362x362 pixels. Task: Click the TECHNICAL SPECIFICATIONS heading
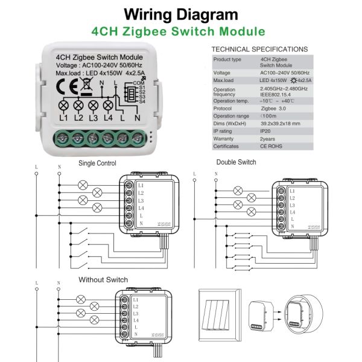(x=260, y=49)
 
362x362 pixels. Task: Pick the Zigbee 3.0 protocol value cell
(x=273, y=108)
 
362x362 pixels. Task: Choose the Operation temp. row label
(x=230, y=101)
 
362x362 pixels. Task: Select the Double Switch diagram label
(x=237, y=162)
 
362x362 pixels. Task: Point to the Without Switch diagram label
(x=103, y=280)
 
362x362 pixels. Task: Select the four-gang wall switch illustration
(x=222, y=314)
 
